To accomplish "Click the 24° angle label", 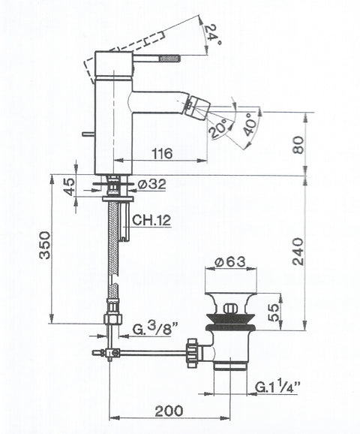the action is coord(213,35).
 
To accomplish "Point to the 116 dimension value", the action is coord(163,154).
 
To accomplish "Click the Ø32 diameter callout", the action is coord(151,184).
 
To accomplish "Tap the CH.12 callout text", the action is coord(151,221).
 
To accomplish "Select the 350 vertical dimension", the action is coord(45,245).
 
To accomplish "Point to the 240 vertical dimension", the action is coord(298,252).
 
